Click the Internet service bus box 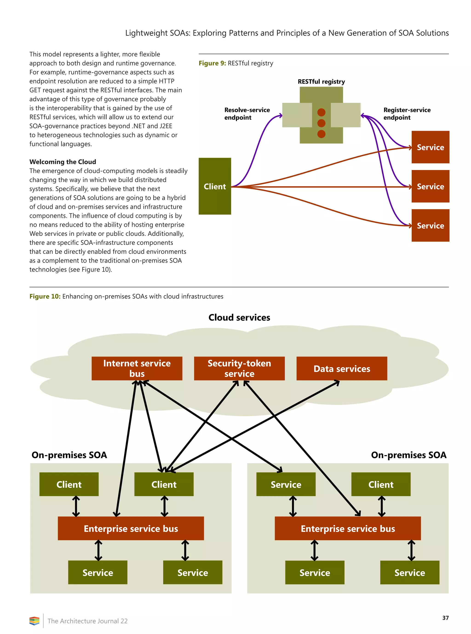137,368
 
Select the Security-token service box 239,368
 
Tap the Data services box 342,368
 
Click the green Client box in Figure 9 215,186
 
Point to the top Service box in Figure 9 430,147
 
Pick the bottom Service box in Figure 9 430,225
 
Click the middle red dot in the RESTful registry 321,123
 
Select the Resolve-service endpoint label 247,114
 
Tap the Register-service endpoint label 407,114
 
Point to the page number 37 445,618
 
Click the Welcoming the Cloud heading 63,162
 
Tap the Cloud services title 239,317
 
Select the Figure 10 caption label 45,296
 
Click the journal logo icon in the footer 34,621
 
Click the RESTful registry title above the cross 321,81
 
